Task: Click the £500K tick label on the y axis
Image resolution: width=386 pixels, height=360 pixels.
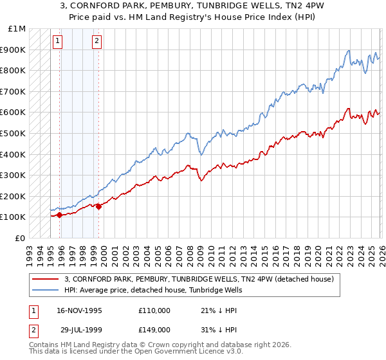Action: click(14, 133)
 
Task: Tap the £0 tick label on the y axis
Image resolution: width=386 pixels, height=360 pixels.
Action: click(19, 238)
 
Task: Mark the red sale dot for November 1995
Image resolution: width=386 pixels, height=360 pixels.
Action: click(60, 215)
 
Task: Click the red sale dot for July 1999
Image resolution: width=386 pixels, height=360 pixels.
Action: click(99, 206)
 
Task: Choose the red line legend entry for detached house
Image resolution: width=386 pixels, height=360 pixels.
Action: click(199, 280)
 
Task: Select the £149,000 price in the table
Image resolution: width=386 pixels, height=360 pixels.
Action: click(154, 329)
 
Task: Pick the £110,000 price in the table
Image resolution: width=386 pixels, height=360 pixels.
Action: click(154, 310)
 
